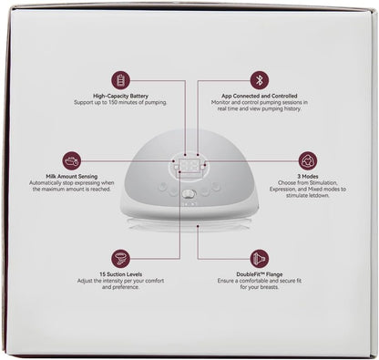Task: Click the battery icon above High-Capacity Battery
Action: (x=120, y=80)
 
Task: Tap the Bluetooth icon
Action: (x=260, y=80)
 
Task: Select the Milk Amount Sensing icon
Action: (x=72, y=160)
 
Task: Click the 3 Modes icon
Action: (x=308, y=160)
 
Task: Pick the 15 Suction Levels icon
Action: (x=120, y=259)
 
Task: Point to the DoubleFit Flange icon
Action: (x=260, y=259)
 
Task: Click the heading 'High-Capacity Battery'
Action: (x=120, y=97)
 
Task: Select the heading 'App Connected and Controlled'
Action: (x=260, y=96)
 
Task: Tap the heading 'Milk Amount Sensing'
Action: (x=72, y=177)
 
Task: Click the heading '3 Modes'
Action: (x=308, y=177)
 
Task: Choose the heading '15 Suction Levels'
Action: (x=120, y=274)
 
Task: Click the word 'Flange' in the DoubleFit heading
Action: (x=274, y=274)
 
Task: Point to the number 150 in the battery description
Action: (x=113, y=102)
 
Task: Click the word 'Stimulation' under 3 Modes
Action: (x=323, y=183)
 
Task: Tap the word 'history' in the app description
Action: (x=292, y=108)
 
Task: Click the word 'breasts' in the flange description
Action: (x=269, y=287)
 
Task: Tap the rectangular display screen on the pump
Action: (x=189, y=166)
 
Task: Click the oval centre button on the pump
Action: (x=189, y=193)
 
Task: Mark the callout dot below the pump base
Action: (x=198, y=226)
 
